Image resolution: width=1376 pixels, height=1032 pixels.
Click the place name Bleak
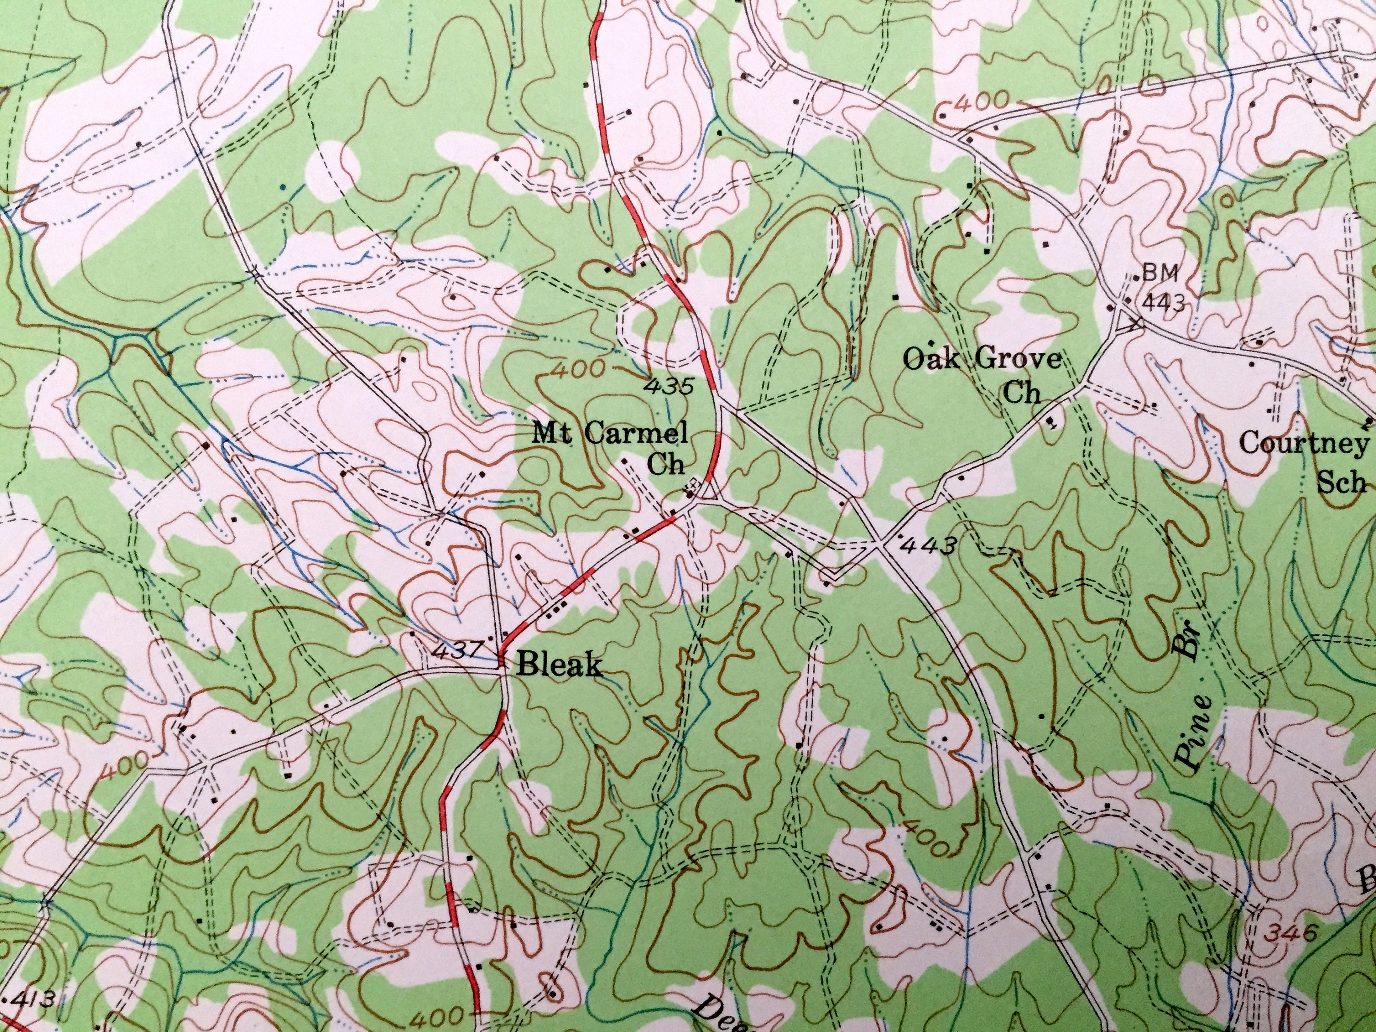click(x=559, y=666)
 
